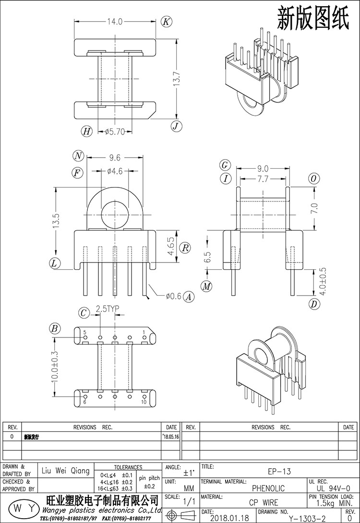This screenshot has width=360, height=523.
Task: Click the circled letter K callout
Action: pos(166,21)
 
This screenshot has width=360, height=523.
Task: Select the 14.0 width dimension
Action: pos(116,22)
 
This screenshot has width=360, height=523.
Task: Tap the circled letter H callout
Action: pos(86,131)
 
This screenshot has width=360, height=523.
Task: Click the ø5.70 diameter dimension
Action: pos(115,131)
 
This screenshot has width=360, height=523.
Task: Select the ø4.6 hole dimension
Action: pos(115,171)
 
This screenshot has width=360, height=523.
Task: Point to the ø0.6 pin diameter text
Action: pos(173,297)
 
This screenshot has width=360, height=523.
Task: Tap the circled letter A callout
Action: pos(189,297)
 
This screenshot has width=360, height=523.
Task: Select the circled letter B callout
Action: pos(55,329)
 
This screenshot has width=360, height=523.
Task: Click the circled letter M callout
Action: pos(207,286)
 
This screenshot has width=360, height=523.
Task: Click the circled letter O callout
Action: pos(314,179)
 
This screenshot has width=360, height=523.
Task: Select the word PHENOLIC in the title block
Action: pos(268,488)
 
